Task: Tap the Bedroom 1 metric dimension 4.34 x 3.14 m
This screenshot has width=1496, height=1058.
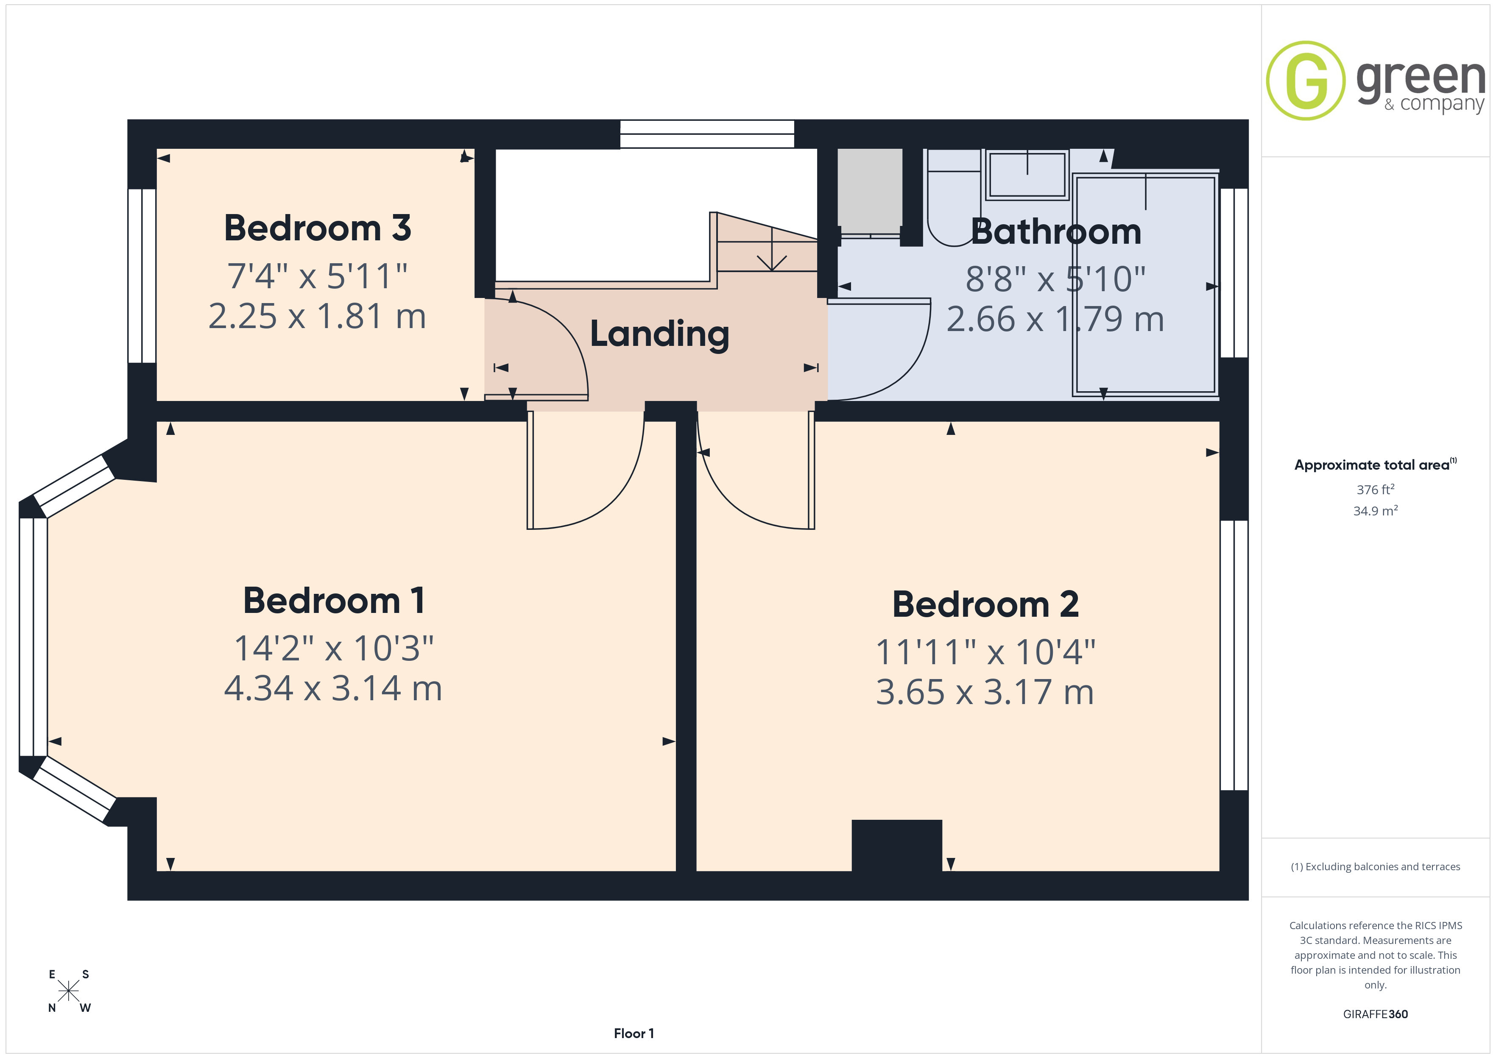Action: click(x=333, y=689)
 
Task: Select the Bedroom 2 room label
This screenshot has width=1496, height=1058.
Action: click(x=985, y=604)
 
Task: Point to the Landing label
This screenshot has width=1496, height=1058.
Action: click(x=659, y=334)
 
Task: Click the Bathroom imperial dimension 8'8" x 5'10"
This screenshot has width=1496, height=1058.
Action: click(x=1055, y=279)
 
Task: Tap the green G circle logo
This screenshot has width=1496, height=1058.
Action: click(x=1305, y=81)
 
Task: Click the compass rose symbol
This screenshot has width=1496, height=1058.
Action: click(x=68, y=991)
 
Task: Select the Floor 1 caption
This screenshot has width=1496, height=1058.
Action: click(x=634, y=1033)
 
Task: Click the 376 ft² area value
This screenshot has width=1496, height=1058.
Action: click(x=1376, y=489)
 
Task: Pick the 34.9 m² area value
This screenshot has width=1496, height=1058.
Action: click(x=1376, y=511)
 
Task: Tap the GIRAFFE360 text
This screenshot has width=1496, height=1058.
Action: click(x=1376, y=1014)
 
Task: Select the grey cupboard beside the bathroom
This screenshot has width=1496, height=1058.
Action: click(x=870, y=191)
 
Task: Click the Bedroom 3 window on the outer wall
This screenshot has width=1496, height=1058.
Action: click(x=141, y=276)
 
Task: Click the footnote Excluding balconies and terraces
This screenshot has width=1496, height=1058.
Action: click(x=1376, y=866)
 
